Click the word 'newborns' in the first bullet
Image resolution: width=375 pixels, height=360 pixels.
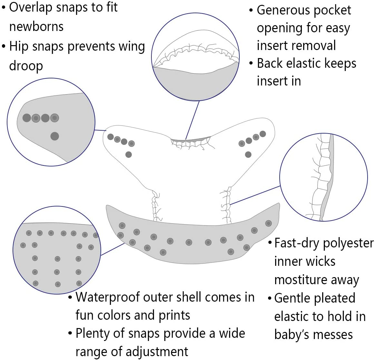coord(36,26)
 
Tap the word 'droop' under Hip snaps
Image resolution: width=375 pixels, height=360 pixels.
coord(26,66)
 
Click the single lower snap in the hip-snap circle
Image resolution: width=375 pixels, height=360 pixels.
coord(55,136)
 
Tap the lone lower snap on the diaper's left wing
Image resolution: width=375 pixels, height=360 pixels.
coord(129,155)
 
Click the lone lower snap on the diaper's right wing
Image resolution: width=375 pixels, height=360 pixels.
coord(248,155)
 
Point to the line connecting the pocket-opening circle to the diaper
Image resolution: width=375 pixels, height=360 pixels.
coord(192,120)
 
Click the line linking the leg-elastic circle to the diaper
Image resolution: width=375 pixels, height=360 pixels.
coord(255,195)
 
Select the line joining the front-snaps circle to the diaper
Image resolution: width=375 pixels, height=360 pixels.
coord(113,249)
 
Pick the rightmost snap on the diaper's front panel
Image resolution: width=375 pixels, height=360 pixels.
coord(268,223)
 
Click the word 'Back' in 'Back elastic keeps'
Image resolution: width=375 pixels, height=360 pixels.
coord(270,64)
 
